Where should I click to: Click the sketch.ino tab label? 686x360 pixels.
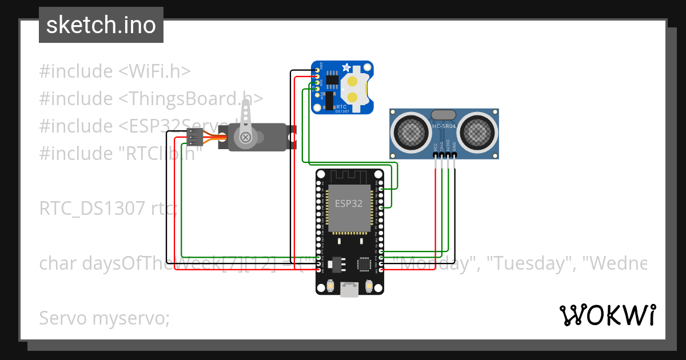point(101,25)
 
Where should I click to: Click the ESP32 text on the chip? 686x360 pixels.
point(348,203)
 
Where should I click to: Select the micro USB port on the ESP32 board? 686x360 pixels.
point(349,290)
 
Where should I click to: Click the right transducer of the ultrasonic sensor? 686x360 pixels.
point(479,133)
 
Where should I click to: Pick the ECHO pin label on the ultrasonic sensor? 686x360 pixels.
point(449,146)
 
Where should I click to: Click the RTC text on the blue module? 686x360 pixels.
point(341,106)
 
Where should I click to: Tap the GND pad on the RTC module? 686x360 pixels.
point(317,70)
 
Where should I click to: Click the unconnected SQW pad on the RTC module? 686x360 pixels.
point(317,95)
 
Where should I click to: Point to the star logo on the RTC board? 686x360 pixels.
point(346,68)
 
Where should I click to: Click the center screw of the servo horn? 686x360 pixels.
point(246,137)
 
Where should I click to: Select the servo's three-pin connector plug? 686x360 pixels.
point(195,137)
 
